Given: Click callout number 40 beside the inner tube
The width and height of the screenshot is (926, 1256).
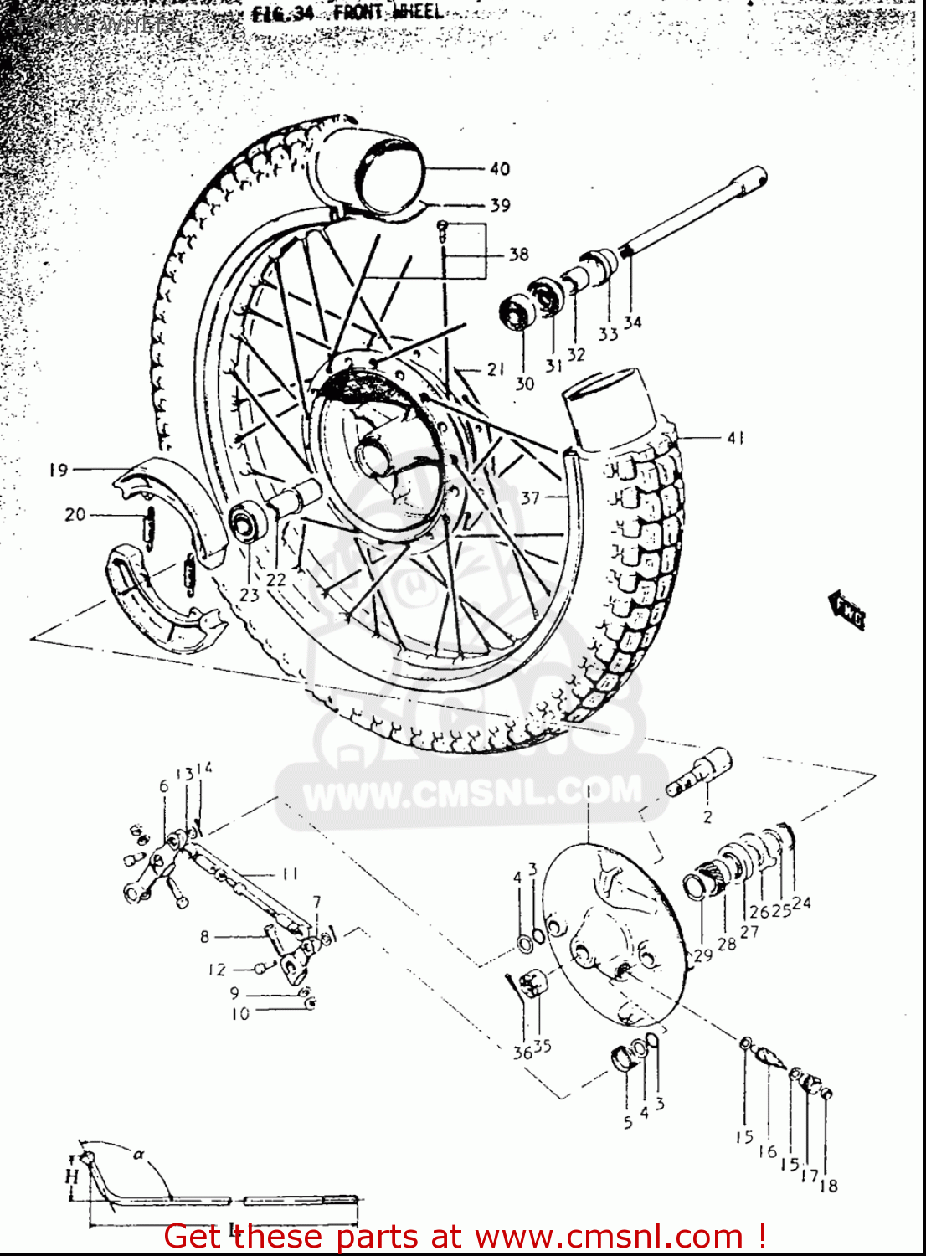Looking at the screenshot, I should [499, 169].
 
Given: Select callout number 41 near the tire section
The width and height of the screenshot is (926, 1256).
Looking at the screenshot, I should [735, 437].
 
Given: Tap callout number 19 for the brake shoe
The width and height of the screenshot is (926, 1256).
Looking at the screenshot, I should [58, 470].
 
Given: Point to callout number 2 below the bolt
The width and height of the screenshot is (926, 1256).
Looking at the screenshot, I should [707, 816].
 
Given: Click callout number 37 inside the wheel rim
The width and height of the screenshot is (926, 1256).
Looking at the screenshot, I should [530, 497].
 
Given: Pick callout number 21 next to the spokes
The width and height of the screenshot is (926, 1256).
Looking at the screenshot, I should [496, 368].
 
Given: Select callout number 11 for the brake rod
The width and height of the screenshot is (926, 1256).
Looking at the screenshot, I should [289, 874].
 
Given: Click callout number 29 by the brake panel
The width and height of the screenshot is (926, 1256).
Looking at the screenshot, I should [702, 955].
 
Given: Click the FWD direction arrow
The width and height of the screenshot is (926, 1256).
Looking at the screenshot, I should [847, 610].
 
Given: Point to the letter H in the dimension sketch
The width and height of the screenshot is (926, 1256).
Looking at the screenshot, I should [72, 1176].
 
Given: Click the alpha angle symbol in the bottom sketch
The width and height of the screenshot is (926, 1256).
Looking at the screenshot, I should [139, 1154].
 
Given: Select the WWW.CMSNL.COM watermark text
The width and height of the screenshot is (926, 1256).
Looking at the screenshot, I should [472, 792].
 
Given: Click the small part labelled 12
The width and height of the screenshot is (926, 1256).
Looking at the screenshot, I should [260, 968].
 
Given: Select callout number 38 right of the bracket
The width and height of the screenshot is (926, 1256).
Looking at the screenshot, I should [518, 254].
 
